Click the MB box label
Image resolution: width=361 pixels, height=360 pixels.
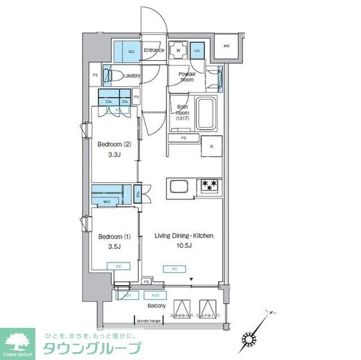pos(226,46)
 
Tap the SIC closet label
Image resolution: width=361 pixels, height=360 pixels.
pos(131,51)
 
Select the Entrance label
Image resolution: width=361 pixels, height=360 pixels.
pos(153,51)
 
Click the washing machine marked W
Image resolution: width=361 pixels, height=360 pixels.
pos(178,51)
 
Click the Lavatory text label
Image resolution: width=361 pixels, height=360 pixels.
pos(131,75)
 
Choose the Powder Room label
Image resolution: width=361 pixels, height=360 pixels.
pos(187,77)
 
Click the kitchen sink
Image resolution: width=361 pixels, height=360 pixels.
pos(179,186)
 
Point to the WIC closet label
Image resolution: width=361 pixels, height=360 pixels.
pos(108,201)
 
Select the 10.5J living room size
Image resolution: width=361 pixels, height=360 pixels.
pos(184,246)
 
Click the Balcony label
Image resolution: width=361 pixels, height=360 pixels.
pos(156,306)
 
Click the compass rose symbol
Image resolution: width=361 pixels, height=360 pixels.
pos(248,340)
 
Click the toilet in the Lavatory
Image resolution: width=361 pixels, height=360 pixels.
pos(111,75)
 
